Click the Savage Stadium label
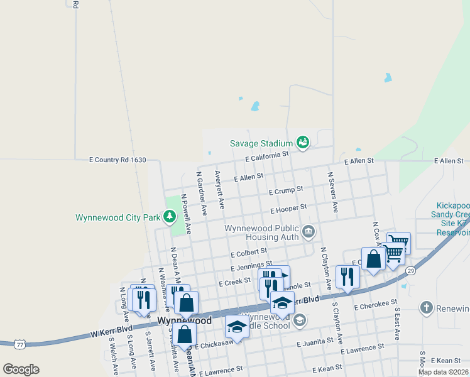coord(261,143)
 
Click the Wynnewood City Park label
coord(117,218)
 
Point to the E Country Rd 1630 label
coord(117,160)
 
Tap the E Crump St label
coord(286,190)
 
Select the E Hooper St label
coord(288,207)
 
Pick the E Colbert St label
coord(249,254)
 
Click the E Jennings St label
coord(251,267)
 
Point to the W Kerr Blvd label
coord(112,329)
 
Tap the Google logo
coord(21,369)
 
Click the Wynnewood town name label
coord(184,320)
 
